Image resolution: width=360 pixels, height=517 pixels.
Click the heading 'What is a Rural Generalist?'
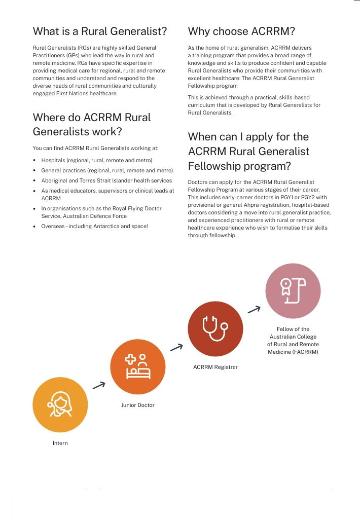(100, 31)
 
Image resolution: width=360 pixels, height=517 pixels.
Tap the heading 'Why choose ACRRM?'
(241, 31)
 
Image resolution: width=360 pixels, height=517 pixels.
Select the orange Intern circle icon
(60, 404)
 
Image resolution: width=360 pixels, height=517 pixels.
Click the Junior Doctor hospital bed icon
(138, 366)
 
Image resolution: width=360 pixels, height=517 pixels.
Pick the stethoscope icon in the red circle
(215, 328)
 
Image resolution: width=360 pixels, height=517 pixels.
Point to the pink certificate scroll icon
(293, 290)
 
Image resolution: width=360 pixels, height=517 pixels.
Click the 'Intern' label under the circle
(60, 443)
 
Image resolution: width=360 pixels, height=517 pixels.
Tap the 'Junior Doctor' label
(138, 405)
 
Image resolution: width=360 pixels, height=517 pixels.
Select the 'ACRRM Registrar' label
(215, 367)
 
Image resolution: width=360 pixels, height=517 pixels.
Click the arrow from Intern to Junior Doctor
(99, 385)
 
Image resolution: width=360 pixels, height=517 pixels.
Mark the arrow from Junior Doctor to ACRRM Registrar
(176, 347)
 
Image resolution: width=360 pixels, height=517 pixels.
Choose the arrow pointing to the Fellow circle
(254, 309)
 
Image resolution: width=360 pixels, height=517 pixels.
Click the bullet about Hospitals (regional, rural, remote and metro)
(96, 160)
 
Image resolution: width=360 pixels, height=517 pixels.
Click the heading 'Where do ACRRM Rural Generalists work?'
(92, 124)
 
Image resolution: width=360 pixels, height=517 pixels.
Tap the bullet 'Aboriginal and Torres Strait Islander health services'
(106, 180)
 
